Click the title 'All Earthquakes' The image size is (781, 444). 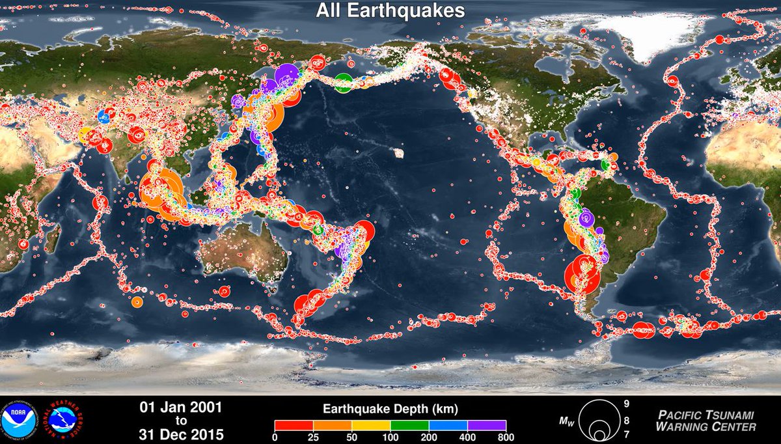point(390,11)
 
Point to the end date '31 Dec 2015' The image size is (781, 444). point(182,434)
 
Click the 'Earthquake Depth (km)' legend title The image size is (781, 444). point(390,409)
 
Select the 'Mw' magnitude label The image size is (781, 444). point(568,422)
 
